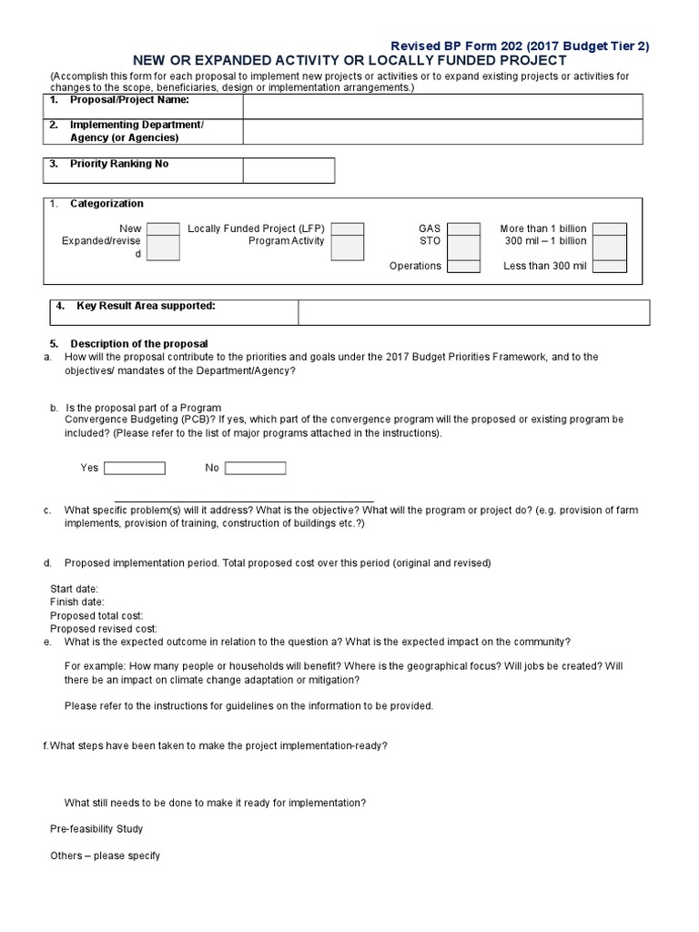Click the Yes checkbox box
tap(135, 468)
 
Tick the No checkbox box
tap(256, 468)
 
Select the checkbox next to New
tap(163, 228)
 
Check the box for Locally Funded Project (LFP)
tap(347, 228)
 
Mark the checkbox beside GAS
tap(463, 228)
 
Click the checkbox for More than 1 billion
tap(609, 228)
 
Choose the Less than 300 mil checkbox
tap(609, 266)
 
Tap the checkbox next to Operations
tap(463, 266)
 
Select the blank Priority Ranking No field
tap(289, 170)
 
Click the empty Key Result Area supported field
tap(473, 312)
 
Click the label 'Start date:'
tap(74, 589)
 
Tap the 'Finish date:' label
tap(76, 602)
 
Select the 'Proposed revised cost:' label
tap(104, 628)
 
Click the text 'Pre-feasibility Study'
tap(96, 829)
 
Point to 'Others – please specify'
tap(105, 856)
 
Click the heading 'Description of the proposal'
tap(139, 343)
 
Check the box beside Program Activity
tap(347, 247)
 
